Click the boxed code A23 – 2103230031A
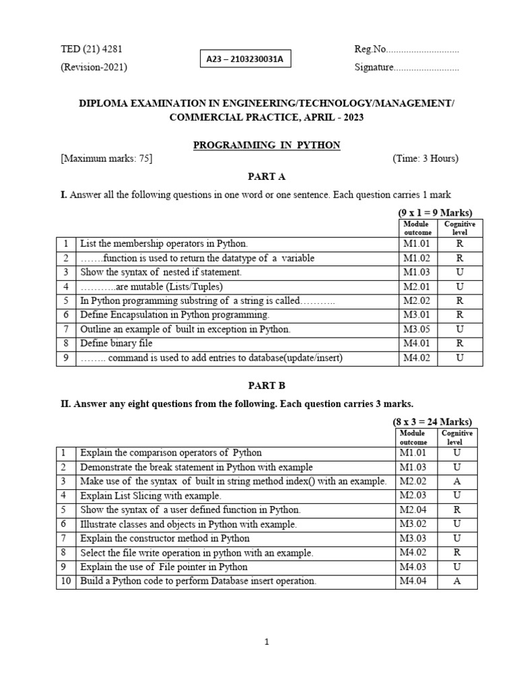(245, 59)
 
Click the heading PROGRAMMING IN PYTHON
(267, 145)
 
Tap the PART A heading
(267, 177)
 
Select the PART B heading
(267, 385)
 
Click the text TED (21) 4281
(92, 49)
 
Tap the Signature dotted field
(426, 67)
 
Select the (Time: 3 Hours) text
(425, 159)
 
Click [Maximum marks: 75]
(106, 159)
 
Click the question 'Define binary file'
(116, 344)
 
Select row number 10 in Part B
(65, 581)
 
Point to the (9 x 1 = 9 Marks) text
(435, 213)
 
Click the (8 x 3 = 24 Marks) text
(433, 422)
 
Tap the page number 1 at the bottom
(267, 642)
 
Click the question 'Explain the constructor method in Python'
(165, 538)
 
